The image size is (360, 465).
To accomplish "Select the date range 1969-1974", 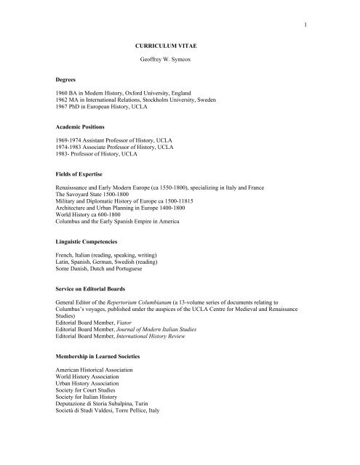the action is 71,143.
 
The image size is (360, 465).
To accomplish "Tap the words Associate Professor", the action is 116,150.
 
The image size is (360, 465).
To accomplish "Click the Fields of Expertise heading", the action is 84,175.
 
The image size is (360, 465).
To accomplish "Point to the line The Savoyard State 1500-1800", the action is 96,199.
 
